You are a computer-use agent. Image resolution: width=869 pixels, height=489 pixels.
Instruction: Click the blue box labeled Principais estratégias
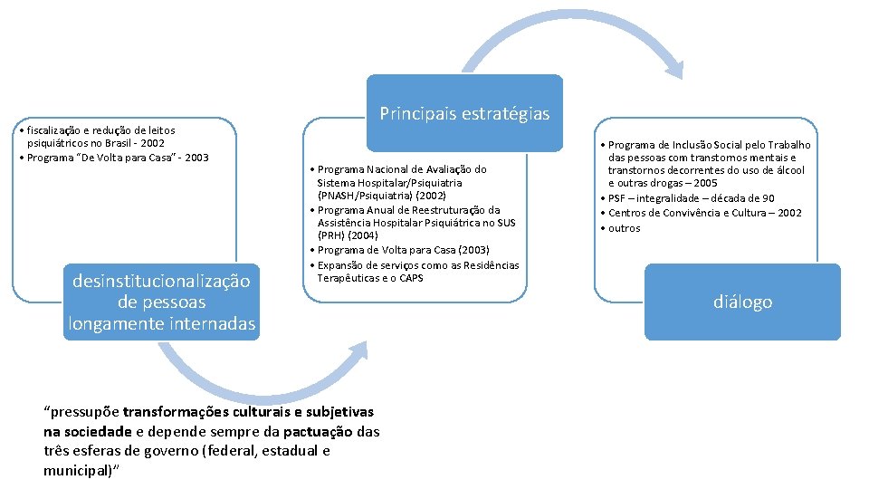[x=464, y=113]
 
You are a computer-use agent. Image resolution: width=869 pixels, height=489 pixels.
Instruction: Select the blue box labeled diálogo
[x=742, y=302]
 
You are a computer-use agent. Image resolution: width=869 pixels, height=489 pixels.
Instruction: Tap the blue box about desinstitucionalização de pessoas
[x=161, y=302]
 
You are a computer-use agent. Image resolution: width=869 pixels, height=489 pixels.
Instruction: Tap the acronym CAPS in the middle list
[x=411, y=278]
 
